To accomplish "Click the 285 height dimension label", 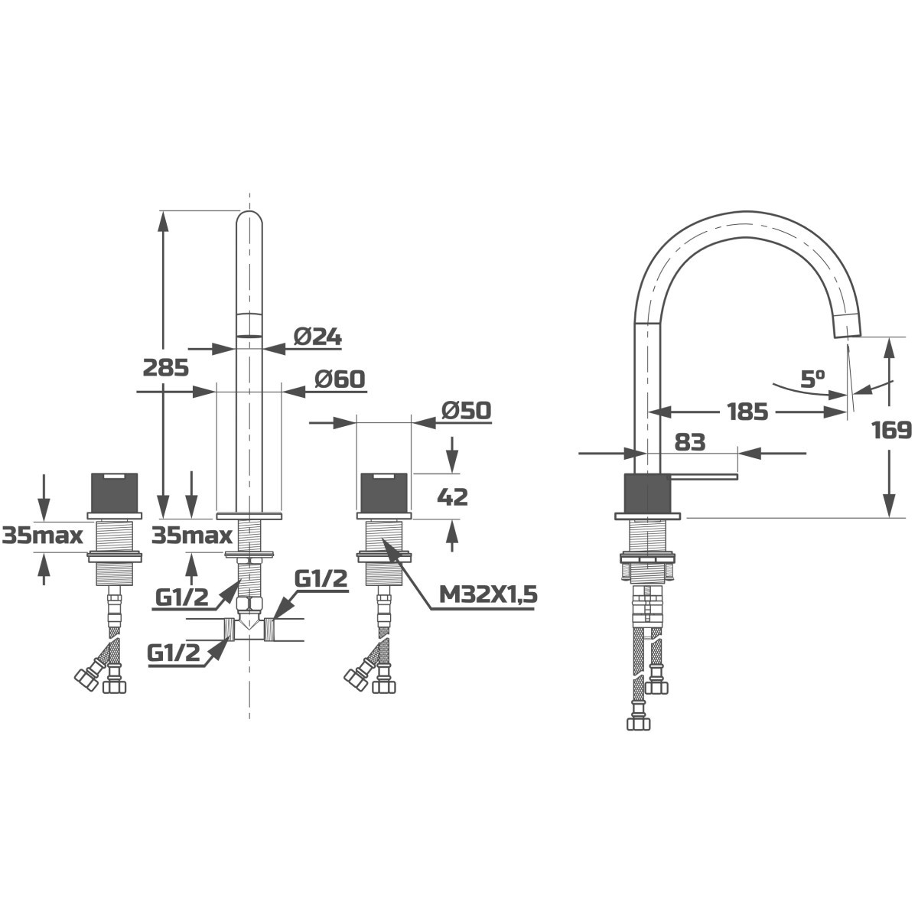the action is [166, 368].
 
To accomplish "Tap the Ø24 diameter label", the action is [317, 337].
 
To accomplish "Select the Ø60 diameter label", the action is [340, 379].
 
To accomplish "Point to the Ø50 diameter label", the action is [466, 411].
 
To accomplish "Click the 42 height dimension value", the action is [452, 497].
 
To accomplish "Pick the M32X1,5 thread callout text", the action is [488, 594].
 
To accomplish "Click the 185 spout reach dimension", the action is [748, 412].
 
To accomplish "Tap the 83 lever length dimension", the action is [690, 443].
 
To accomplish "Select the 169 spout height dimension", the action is [892, 430].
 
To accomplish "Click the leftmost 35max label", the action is [42, 536].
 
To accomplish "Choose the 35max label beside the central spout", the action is [192, 536].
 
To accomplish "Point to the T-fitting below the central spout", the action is [249, 630].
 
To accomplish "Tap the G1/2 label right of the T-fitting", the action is [321, 579].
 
